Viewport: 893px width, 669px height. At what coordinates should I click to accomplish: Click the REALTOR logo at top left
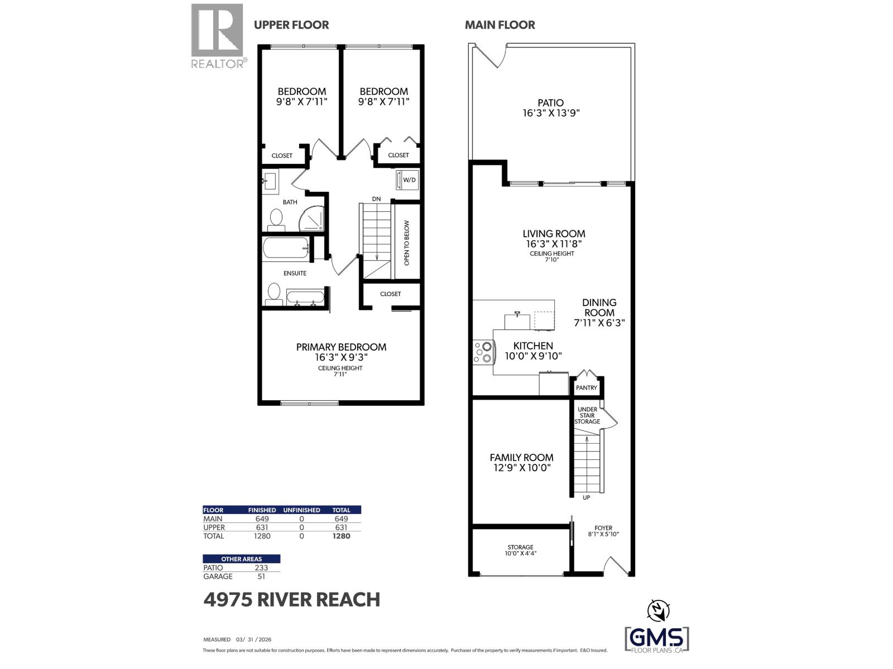(x=218, y=36)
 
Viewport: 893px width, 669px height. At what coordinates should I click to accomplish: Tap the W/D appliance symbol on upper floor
(x=407, y=180)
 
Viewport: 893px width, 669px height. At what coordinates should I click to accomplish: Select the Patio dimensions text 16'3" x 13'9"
(x=551, y=113)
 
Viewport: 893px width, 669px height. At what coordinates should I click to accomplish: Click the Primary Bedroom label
(x=341, y=347)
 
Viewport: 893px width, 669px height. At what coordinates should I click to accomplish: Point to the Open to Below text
(x=406, y=243)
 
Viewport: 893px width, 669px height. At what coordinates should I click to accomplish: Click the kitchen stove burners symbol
(x=483, y=352)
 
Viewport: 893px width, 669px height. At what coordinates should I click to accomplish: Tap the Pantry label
(x=586, y=387)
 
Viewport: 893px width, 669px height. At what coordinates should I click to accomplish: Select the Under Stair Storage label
(x=587, y=415)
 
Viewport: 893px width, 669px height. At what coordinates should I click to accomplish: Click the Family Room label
(x=521, y=457)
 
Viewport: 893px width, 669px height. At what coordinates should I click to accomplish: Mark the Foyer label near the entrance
(x=603, y=527)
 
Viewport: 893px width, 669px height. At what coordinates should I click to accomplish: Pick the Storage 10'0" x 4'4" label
(x=520, y=550)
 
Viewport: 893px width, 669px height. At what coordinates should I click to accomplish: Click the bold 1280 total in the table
(x=341, y=536)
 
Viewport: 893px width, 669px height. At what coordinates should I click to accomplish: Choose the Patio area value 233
(x=261, y=568)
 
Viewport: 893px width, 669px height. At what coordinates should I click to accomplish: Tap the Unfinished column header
(x=301, y=510)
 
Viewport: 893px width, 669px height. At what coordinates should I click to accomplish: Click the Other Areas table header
(x=241, y=559)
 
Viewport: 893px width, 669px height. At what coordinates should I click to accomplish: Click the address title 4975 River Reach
(x=292, y=599)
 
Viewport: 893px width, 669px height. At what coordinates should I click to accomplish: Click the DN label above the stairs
(x=377, y=199)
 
